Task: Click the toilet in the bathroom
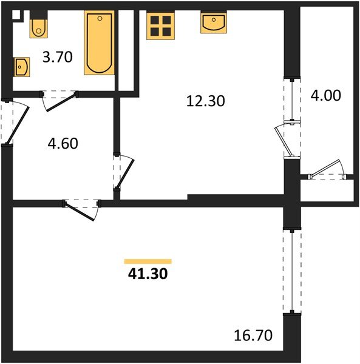coord(38,25)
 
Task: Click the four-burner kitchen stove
coord(161,25)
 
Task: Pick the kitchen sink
coord(213,23)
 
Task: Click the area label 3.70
coord(58,58)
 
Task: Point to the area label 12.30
coord(205,101)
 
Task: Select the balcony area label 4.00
coord(325,95)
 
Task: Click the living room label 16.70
coord(253,334)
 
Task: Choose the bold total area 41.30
coord(148,274)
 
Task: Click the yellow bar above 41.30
coord(148,261)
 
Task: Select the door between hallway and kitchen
coord(124,172)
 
